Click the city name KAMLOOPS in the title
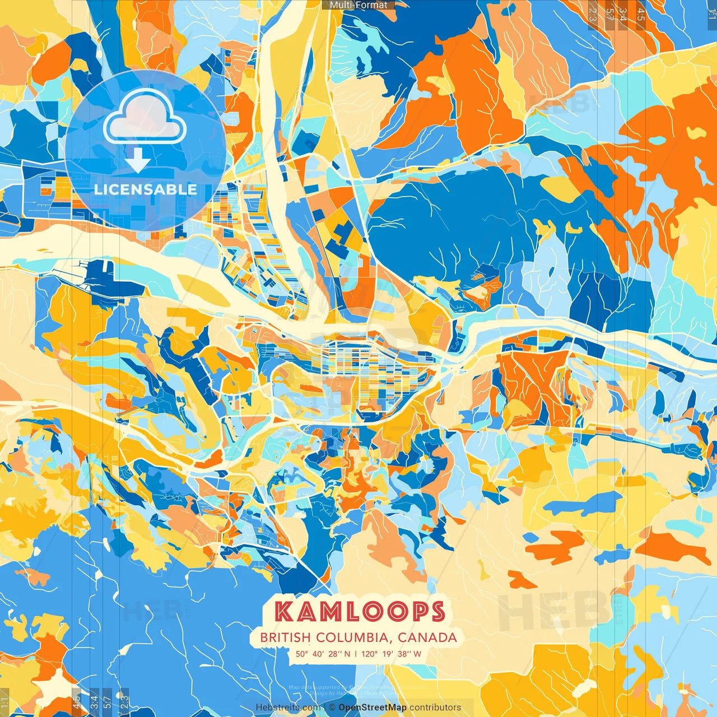click(360, 612)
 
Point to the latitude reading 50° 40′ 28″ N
click(323, 654)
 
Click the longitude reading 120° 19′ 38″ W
click(392, 654)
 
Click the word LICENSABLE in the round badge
click(146, 189)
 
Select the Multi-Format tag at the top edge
click(358, 5)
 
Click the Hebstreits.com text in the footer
click(288, 707)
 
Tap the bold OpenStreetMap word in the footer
click(373, 707)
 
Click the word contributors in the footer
click(435, 707)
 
